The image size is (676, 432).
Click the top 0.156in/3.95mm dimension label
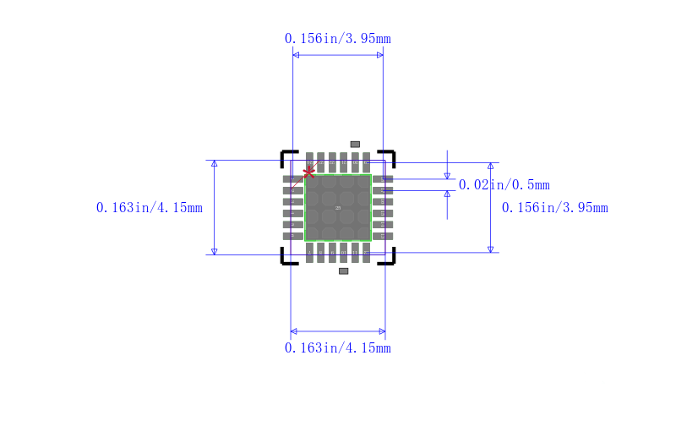[x=337, y=39]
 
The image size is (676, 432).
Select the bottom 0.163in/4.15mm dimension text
[x=337, y=348]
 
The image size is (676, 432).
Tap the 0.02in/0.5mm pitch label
[x=504, y=185]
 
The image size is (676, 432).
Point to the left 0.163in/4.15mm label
[x=150, y=208]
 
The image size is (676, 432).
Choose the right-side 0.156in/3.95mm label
[x=554, y=208]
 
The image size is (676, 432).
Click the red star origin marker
[x=309, y=172]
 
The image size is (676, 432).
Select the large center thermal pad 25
[x=338, y=208]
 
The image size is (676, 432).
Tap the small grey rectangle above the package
[x=355, y=145]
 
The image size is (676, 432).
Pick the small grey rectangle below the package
[x=343, y=271]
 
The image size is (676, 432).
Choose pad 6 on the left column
[x=292, y=236]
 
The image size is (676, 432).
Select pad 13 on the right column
[x=383, y=236]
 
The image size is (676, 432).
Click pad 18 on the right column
[x=383, y=179]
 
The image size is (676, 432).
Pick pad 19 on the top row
[x=366, y=161]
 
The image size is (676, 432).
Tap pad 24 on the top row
[x=309, y=161]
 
